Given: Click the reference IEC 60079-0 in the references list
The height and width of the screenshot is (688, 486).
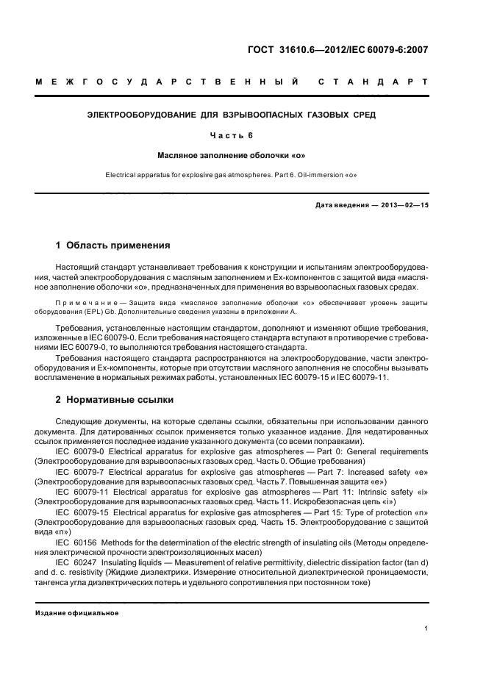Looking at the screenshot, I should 80,451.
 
